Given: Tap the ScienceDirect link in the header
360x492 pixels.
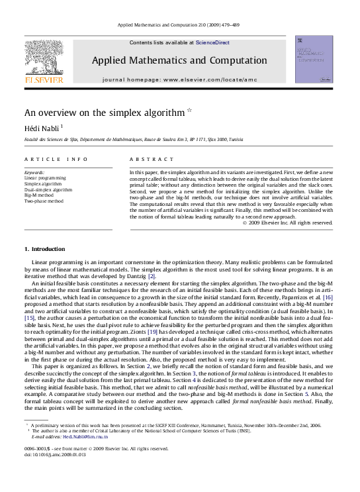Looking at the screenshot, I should (212, 42).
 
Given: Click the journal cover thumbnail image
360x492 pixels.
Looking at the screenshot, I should (314, 60).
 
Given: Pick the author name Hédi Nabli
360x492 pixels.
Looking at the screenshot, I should (42, 127).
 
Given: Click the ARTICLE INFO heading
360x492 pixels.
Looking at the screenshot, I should (56, 160).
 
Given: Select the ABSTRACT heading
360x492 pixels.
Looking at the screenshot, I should (143, 160).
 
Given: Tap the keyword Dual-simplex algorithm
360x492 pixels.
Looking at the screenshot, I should (48, 189).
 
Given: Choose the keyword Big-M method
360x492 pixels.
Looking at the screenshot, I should (40, 195).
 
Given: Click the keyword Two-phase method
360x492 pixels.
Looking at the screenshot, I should (44, 201).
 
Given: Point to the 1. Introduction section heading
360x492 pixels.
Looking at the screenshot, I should (44, 249).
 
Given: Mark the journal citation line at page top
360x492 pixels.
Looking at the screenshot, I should (179, 25).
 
